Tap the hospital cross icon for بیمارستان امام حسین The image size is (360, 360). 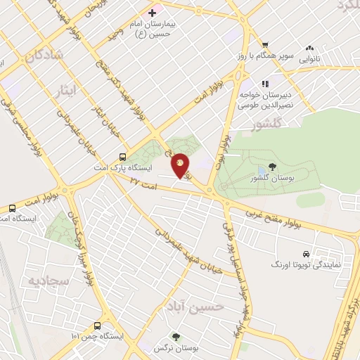(152, 13)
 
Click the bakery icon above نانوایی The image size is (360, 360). (309, 48)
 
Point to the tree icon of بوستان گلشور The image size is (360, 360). (271, 169)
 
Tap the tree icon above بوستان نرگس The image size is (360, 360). (175, 337)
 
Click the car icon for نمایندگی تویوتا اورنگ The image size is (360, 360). (306, 254)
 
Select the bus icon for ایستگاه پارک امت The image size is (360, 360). (124, 157)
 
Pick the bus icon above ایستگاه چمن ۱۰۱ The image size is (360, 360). (97, 326)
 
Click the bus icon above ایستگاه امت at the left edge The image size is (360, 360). (13, 208)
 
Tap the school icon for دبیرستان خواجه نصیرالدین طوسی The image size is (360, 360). (265, 82)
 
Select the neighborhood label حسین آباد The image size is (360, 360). (195, 307)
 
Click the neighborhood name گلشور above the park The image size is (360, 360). (267, 124)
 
